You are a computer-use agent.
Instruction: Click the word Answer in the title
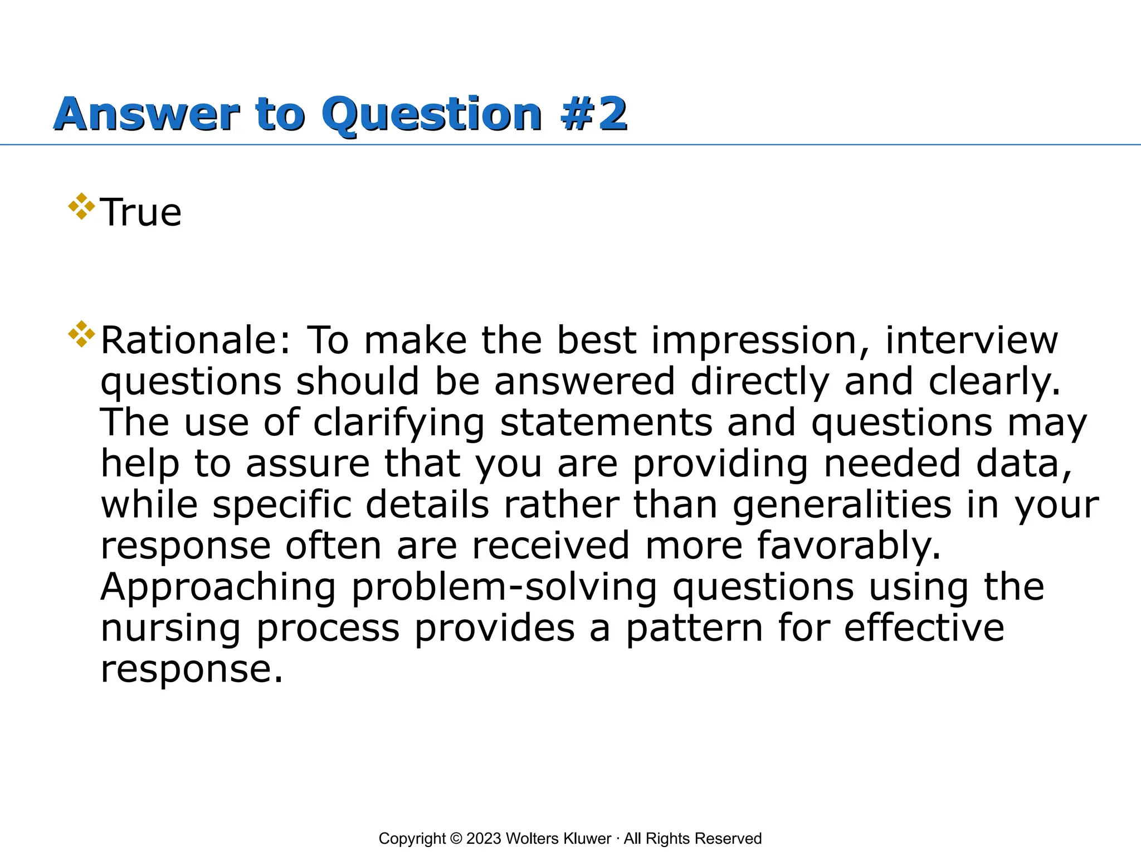click(x=147, y=114)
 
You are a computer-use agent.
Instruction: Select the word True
click(x=141, y=213)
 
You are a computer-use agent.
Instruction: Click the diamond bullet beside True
click(x=81, y=206)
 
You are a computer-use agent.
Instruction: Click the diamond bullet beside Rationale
click(x=81, y=334)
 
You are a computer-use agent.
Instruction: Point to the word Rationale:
click(x=196, y=341)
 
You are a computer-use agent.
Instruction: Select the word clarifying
click(x=399, y=422)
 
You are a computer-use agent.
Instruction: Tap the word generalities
click(x=842, y=504)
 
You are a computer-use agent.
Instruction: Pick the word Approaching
click(x=218, y=587)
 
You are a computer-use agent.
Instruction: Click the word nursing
click(x=170, y=628)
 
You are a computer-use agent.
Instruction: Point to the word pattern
click(x=694, y=628)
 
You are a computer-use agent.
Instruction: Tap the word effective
click(x=924, y=628)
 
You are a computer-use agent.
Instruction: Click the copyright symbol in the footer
click(x=456, y=839)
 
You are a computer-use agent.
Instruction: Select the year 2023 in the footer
click(x=484, y=839)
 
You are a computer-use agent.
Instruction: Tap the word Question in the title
click(x=432, y=114)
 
